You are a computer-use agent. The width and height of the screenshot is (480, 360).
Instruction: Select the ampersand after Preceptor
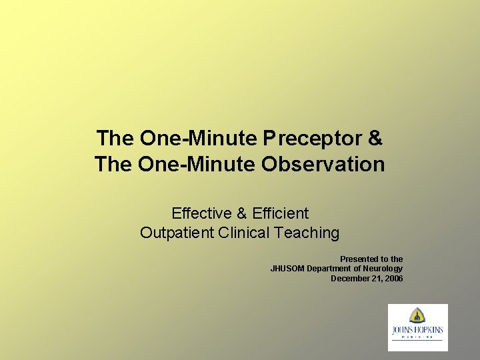tap(375, 139)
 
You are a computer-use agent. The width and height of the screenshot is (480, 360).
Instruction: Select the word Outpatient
tap(177, 233)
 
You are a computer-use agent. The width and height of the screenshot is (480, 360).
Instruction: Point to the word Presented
tap(359, 259)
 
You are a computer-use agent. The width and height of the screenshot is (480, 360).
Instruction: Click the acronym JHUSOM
tap(287, 269)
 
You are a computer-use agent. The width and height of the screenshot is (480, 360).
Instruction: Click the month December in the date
tap(350, 278)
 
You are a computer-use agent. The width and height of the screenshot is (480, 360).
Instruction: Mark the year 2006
tap(393, 278)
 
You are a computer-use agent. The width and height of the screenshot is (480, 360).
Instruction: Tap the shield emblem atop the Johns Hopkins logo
tap(418, 315)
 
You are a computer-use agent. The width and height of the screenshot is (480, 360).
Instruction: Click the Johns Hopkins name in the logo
tap(418, 329)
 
